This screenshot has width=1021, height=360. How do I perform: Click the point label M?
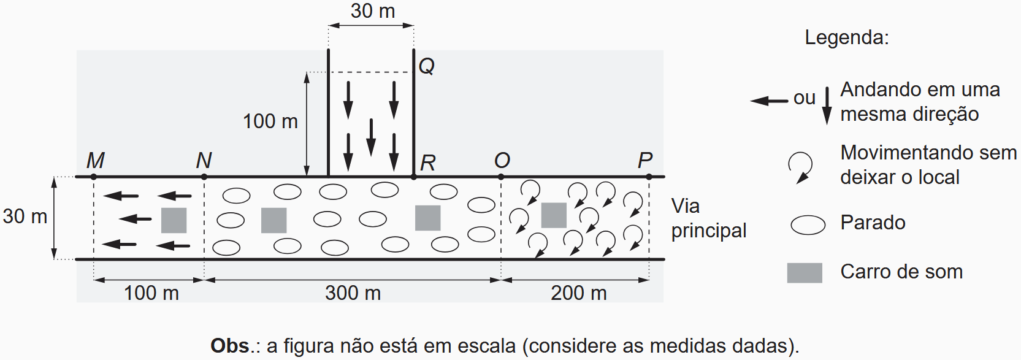pos(96,160)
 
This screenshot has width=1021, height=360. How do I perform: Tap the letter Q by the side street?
pos(427,66)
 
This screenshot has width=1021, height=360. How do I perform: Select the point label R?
pos(427,163)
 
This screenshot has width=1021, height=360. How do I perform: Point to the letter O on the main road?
pos(502,160)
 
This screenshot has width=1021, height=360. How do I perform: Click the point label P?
pos(644,160)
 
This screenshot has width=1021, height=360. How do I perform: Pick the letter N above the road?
pos(204,160)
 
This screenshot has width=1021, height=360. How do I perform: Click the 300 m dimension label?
pos(353,293)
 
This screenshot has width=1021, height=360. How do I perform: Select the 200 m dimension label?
pos(578,293)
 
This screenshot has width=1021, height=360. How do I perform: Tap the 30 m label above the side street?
pos(373,11)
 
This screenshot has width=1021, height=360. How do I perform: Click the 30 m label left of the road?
pos(25,216)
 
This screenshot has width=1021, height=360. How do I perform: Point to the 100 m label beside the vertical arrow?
pos(270,121)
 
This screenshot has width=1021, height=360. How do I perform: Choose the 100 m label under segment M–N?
pos(151,293)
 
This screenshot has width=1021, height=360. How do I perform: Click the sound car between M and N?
pos(174,220)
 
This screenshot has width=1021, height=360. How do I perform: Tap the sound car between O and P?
pos(554,215)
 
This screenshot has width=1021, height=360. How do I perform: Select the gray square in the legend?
pos(805,272)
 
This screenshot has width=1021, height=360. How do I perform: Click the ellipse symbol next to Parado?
pos(808,225)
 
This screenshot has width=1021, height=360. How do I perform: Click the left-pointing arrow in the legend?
pos(769,101)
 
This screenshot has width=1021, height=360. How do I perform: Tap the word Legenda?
pos(846,37)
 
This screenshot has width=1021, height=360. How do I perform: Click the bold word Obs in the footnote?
pos(230,346)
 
